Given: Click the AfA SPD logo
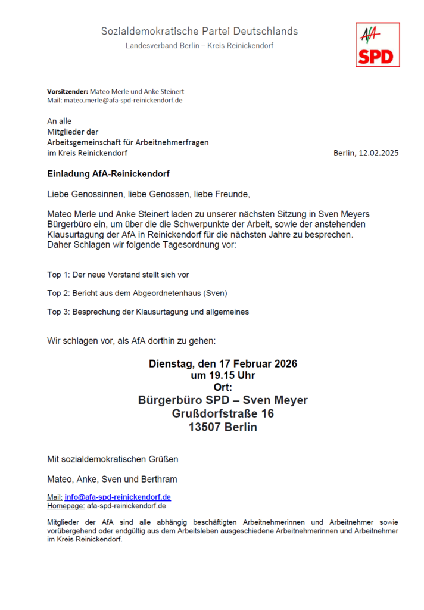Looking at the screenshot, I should pos(378,45).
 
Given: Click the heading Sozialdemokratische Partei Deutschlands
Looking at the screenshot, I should pos(199,31).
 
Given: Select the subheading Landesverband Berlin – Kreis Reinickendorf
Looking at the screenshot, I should pos(199,46).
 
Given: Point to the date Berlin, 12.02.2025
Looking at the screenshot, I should pos(366,153).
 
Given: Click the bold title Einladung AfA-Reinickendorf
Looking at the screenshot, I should pos(109,174).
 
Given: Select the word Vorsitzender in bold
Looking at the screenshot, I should pos(67,91).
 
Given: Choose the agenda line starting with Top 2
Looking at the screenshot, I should pos(137,293).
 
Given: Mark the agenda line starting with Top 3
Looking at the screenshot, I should pos(148,312).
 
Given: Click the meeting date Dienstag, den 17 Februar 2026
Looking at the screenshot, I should pos(223,363).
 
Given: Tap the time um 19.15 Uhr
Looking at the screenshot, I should pos(223,375).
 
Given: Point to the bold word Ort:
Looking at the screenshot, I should pos(223,387).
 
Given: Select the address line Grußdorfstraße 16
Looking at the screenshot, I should pos(223,413).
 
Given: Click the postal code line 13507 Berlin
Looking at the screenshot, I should pos(223,427).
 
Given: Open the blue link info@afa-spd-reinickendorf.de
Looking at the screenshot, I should pos(117,497).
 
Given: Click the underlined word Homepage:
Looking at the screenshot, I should pos(66,506).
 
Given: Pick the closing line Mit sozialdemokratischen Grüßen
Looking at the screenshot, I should pos(113,459).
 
